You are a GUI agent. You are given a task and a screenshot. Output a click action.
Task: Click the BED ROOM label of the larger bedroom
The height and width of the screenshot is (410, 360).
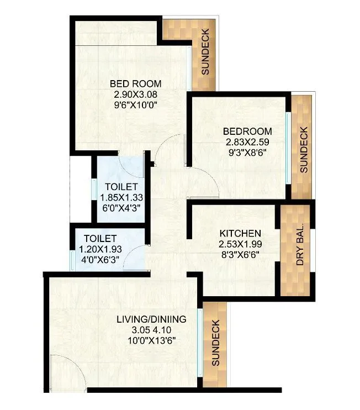pyautogui.click(x=135, y=84)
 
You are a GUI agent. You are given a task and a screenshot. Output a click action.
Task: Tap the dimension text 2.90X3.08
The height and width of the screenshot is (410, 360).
pyautogui.click(x=135, y=94)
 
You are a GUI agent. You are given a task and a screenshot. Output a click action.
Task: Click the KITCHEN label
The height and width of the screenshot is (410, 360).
pyautogui.click(x=239, y=233)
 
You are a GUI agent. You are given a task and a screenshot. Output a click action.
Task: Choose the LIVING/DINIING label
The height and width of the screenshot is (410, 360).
pyautogui.click(x=151, y=319)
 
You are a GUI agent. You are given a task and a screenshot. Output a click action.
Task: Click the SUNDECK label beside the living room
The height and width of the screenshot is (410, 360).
pyautogui.click(x=216, y=343)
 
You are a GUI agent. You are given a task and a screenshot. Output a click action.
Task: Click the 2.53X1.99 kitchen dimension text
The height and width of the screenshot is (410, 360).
pyautogui.click(x=239, y=244)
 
